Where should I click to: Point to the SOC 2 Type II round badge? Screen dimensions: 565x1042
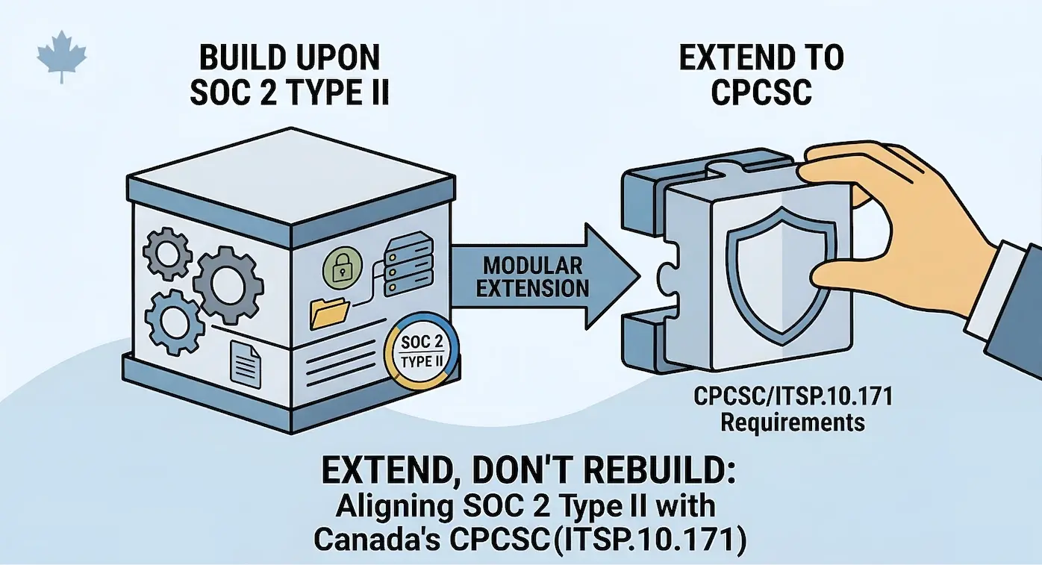[x=421, y=351]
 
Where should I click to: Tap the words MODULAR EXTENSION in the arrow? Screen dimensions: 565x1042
[x=532, y=276]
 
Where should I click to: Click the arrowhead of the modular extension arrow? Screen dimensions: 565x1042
[x=612, y=276]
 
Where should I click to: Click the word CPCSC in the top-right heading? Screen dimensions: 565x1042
[x=761, y=91]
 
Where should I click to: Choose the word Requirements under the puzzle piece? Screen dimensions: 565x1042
[x=792, y=422]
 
